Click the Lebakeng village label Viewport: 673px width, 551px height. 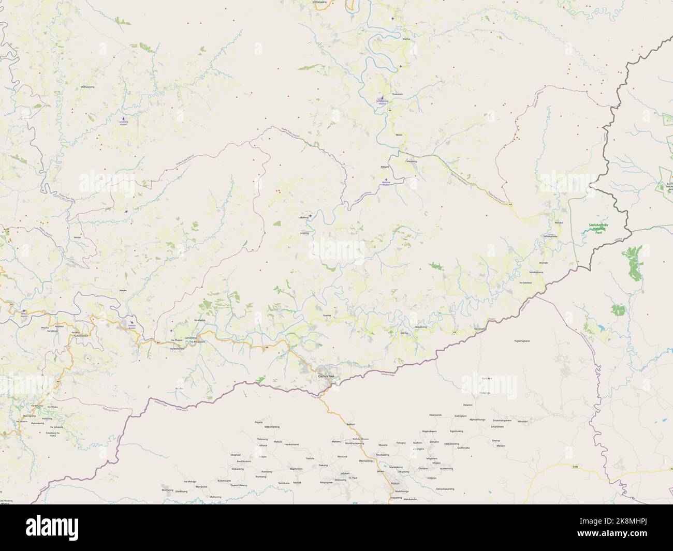coord(303,218)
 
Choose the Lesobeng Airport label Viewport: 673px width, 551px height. coord(123,124)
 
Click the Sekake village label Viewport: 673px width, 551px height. coord(123,291)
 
